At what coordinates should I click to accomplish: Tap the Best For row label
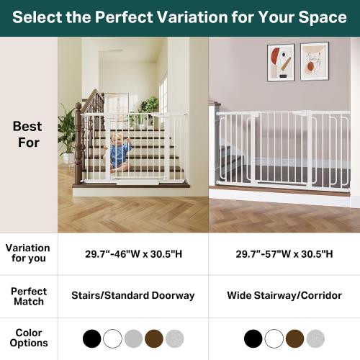27,134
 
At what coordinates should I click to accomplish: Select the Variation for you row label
27,253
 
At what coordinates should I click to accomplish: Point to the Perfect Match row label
29,296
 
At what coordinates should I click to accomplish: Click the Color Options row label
29,338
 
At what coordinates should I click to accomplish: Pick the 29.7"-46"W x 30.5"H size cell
133,254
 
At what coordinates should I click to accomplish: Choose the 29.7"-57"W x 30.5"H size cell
284,254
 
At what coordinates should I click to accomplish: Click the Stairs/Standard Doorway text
133,295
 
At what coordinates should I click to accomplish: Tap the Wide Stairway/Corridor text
284,295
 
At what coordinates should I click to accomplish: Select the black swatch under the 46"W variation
91,338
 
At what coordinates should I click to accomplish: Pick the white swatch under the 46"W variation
112,338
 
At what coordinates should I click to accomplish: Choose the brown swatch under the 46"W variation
154,338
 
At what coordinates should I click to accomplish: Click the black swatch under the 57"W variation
253,338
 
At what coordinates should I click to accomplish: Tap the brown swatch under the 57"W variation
294,338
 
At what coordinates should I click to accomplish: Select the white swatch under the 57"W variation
274,338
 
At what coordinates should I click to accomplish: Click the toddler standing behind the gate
119,153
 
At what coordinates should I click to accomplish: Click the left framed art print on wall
280,63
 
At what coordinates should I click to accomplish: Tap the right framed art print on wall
314,61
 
